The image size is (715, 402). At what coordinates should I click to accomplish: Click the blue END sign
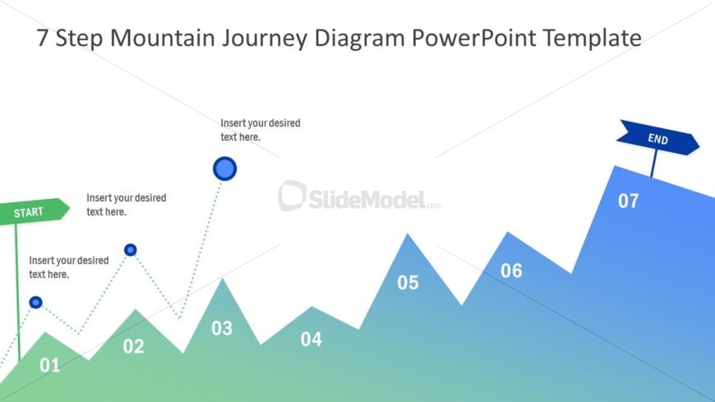[657, 138]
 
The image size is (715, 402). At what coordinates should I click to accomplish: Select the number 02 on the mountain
[133, 347]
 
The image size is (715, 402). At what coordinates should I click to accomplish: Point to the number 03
[222, 329]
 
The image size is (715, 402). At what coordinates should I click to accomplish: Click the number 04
[311, 339]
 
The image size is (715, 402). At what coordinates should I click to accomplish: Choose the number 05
[408, 283]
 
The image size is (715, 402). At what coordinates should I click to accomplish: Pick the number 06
[511, 270]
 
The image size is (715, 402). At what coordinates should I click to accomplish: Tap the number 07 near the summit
[628, 201]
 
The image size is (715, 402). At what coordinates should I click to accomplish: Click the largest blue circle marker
[224, 169]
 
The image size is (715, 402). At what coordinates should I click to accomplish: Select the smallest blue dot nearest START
[35, 303]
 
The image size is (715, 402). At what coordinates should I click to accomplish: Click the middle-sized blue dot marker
[130, 250]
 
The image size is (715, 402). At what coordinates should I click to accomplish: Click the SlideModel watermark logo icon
[292, 196]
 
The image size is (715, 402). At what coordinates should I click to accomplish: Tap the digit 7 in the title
[43, 38]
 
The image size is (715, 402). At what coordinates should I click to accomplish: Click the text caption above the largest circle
[260, 130]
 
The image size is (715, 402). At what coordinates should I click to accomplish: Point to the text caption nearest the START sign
[68, 267]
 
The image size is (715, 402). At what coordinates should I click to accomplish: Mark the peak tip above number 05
[408, 234]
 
